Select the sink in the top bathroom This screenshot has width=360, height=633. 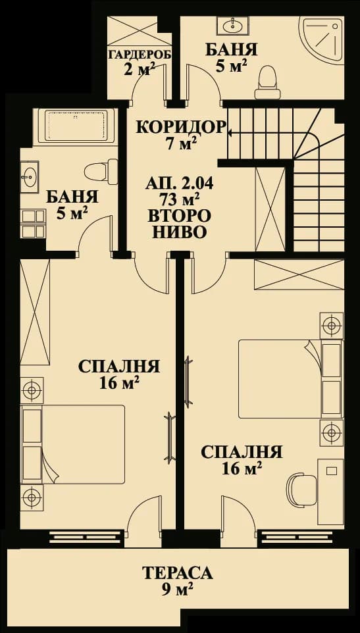point(232,26)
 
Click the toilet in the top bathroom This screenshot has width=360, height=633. point(267,78)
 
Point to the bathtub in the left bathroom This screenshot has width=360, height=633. point(74,125)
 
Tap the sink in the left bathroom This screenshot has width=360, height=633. point(29,177)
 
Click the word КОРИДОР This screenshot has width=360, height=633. point(180,127)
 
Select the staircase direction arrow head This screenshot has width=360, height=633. point(230,132)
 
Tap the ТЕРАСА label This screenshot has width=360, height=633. point(177,573)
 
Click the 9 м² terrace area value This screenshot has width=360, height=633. point(177,590)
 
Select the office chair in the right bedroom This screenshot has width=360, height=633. point(298,488)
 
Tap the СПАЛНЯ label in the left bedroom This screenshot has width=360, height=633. point(118,367)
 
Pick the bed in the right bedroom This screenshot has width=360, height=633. point(280,378)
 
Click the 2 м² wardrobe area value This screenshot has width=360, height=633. point(139,70)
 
